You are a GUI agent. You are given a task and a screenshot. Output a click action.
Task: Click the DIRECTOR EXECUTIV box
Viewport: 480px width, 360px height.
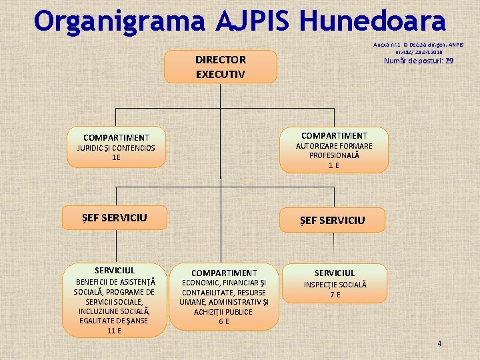click(x=220, y=67)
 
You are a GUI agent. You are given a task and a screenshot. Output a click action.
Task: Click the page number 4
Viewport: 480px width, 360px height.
click(x=439, y=343)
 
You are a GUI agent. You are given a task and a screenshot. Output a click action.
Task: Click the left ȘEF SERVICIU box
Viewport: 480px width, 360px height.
click(x=114, y=217)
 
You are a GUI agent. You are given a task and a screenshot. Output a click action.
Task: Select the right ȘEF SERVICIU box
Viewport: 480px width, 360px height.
click(x=332, y=220)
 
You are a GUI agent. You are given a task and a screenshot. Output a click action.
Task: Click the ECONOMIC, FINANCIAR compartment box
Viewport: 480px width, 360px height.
click(x=224, y=297)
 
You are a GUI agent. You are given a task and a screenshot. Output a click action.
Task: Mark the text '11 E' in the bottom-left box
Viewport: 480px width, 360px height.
click(x=114, y=331)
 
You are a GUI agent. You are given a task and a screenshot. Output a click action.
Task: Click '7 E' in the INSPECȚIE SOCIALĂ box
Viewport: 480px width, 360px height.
click(x=334, y=295)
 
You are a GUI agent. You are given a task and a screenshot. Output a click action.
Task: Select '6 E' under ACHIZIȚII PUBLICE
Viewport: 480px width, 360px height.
click(x=224, y=321)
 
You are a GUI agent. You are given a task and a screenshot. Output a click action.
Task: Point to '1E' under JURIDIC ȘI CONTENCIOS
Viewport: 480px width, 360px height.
click(x=116, y=157)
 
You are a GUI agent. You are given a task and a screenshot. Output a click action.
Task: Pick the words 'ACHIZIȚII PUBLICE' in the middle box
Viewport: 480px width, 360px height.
click(x=224, y=311)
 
